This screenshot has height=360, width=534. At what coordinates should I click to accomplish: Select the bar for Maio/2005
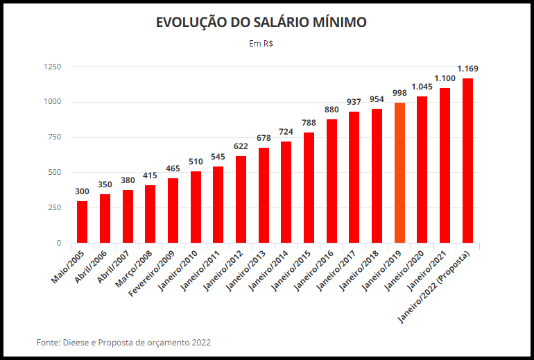tap(82, 222)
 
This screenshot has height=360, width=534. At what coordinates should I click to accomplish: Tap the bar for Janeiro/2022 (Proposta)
tap(467, 161)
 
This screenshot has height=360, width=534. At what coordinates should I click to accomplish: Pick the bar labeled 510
tap(196, 207)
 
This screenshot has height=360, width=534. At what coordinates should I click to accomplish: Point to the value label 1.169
tap(467, 69)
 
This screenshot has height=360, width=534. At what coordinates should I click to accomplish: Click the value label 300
tap(82, 191)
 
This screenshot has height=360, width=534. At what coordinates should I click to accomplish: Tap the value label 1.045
tap(422, 87)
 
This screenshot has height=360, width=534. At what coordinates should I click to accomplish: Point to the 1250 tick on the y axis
tap(52, 67)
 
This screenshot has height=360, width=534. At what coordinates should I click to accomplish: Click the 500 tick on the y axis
tap(54, 172)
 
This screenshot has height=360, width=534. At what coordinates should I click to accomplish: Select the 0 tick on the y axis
tap(58, 243)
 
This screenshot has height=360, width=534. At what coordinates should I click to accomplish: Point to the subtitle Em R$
tap(261, 44)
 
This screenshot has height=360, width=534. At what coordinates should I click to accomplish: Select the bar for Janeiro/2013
tap(264, 195)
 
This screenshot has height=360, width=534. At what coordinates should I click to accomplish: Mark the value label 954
tap(377, 99)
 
